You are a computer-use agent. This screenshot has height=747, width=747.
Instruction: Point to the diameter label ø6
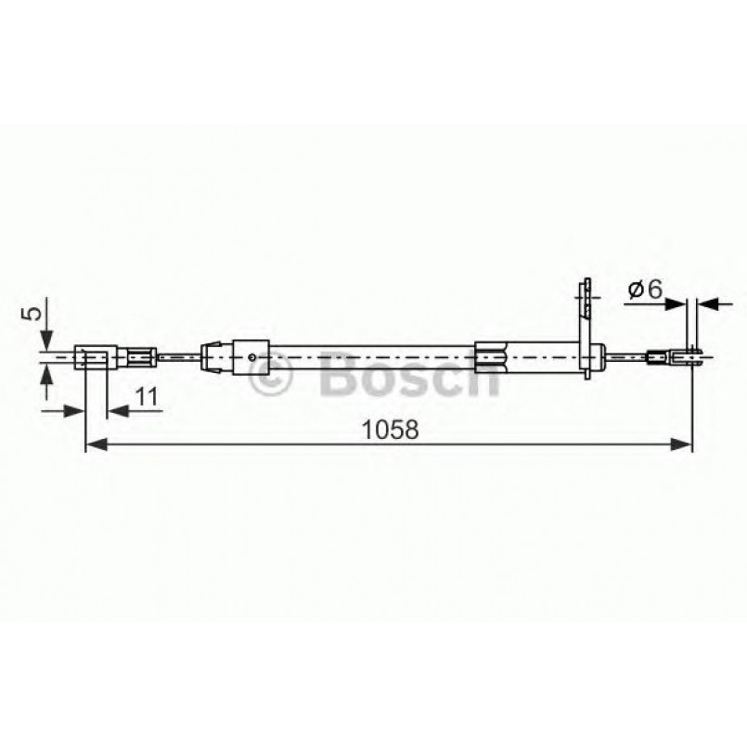pyautogui.click(x=644, y=290)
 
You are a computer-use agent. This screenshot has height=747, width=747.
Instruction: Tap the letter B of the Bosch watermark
pyautogui.click(x=340, y=376)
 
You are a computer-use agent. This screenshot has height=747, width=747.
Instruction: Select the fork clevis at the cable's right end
pyautogui.click(x=687, y=354)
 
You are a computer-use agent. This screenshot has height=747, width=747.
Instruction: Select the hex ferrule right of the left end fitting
pyautogui.click(x=140, y=355)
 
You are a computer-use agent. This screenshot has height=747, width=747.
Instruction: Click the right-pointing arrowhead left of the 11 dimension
pyautogui.click(x=75, y=409)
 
